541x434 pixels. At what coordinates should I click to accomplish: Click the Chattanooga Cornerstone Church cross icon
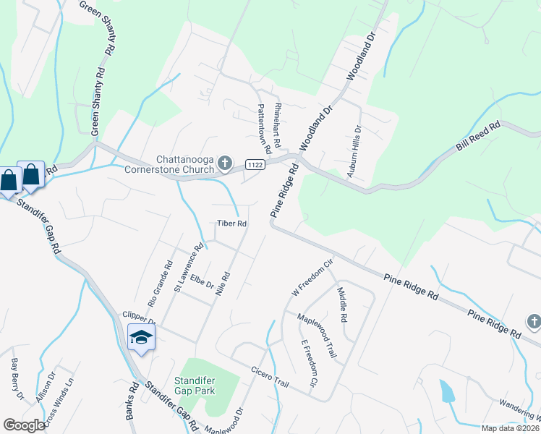225,161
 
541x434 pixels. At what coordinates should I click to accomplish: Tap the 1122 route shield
254,164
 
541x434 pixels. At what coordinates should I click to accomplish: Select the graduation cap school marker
141,337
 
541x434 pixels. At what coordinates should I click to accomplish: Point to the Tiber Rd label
232,224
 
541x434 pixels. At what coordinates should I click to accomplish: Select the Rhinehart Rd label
277,122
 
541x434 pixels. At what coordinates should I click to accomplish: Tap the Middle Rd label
341,305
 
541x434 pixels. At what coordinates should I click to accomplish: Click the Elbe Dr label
203,279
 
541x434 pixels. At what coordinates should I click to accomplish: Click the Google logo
24,425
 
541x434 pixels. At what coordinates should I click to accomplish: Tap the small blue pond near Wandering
448,391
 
